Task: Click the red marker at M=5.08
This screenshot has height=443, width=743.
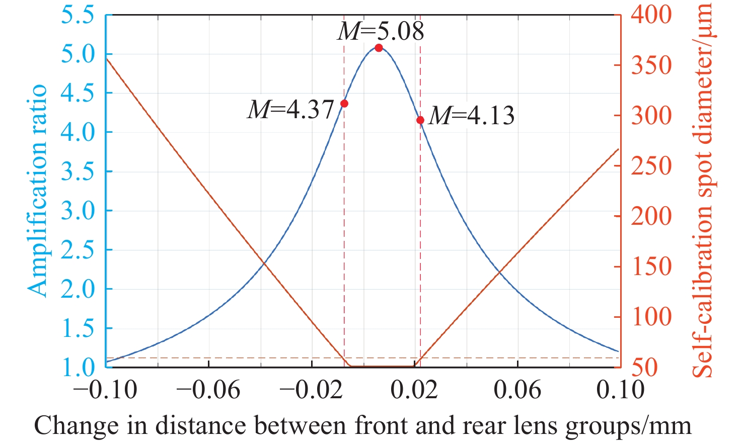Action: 379,48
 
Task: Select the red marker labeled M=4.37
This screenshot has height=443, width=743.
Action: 344,104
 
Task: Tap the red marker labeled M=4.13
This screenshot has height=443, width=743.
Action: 420,120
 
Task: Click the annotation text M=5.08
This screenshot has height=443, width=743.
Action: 381,31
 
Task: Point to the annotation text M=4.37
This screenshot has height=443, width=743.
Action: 291,109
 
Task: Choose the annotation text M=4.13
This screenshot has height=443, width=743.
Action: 472,116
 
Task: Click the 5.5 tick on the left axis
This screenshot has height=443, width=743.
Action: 78,15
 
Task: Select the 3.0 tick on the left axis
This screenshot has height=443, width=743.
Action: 78,211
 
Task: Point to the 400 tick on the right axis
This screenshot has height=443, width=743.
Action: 651,15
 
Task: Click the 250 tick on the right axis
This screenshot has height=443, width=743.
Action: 651,166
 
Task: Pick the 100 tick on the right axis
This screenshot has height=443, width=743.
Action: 651,317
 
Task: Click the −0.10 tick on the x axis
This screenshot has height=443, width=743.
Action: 106,390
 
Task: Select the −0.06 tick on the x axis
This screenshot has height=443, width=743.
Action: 208,390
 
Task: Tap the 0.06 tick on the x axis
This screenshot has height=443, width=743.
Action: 517,390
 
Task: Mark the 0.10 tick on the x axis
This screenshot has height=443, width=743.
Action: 620,390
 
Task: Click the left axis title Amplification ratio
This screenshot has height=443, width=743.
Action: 37,190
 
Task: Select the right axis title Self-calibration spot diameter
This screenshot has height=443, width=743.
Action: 703,190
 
